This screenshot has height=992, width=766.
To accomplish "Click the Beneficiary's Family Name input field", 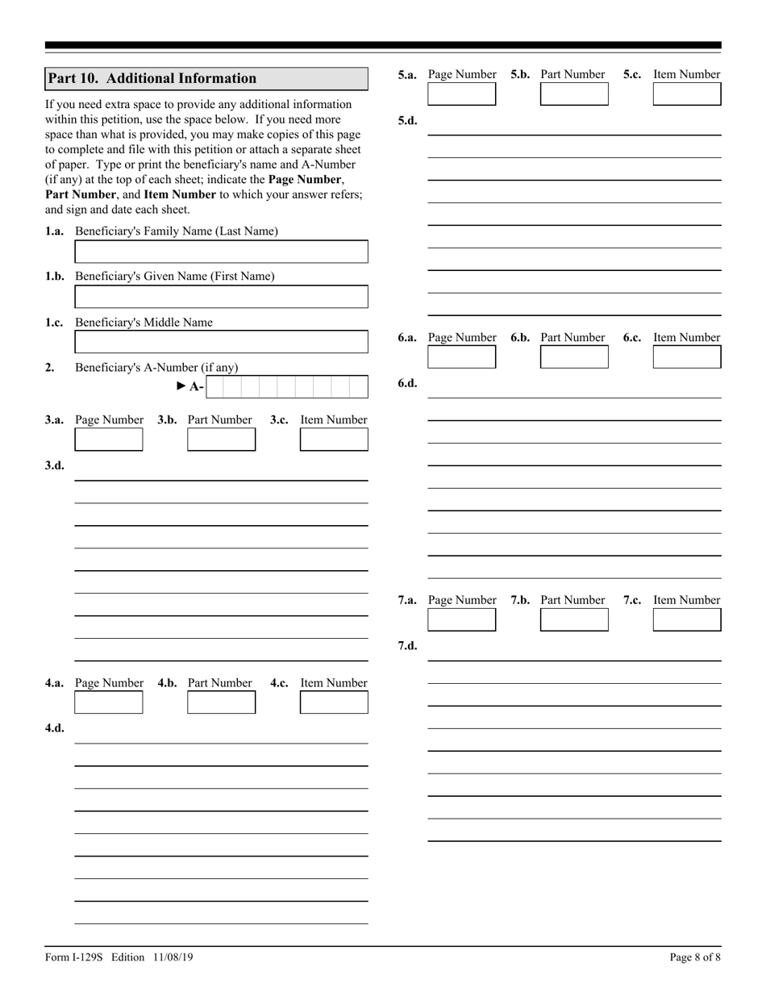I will click(x=221, y=252).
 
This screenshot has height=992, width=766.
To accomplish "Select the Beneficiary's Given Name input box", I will click(x=221, y=297).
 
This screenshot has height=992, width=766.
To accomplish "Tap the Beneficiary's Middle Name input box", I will click(x=221, y=342).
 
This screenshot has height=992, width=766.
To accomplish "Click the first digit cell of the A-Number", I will click(x=214, y=387).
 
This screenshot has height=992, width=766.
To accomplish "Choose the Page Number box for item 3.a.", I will click(x=108, y=440).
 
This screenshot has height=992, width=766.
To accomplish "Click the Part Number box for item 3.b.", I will click(x=221, y=440).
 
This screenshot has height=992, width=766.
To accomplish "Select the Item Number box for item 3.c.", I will click(x=334, y=440).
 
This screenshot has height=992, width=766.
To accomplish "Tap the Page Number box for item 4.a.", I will click(x=108, y=702).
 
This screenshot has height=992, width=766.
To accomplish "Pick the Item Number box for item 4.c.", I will click(x=334, y=702).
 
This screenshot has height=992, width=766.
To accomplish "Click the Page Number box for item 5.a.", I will click(x=461, y=94).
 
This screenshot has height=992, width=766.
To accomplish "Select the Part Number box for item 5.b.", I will click(x=574, y=94).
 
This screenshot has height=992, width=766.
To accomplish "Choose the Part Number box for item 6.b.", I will click(x=574, y=357).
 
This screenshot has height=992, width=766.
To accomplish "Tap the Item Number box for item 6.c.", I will click(x=686, y=357).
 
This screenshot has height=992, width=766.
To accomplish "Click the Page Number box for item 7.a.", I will click(x=461, y=620).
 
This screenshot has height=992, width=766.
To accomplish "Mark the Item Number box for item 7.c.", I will click(x=686, y=620).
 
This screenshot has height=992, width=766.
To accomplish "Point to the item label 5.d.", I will click(x=407, y=121).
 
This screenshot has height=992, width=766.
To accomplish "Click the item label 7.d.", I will click(x=407, y=646).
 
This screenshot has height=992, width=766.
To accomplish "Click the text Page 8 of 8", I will click(x=695, y=957).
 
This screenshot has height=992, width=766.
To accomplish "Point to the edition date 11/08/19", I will click(x=171, y=957).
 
